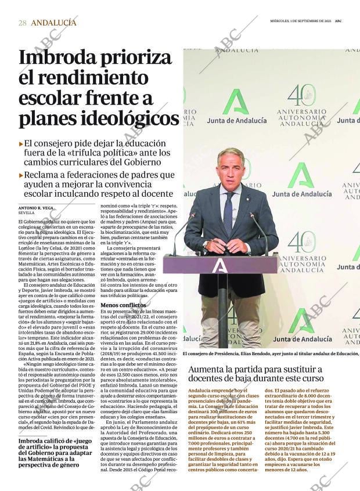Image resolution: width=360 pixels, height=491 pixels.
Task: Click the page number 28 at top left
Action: (22, 23)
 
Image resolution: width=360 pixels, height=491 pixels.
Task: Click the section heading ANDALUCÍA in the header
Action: (53, 23)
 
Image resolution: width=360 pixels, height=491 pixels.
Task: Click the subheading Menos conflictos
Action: (123, 305)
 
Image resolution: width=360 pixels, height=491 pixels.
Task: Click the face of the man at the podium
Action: (231, 171)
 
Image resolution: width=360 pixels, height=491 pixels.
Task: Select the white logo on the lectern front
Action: (219, 265)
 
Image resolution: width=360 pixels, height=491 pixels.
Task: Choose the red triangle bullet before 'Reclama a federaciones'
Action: (21, 175)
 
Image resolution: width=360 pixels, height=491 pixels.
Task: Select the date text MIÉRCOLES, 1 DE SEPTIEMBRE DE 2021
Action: (301, 20)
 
